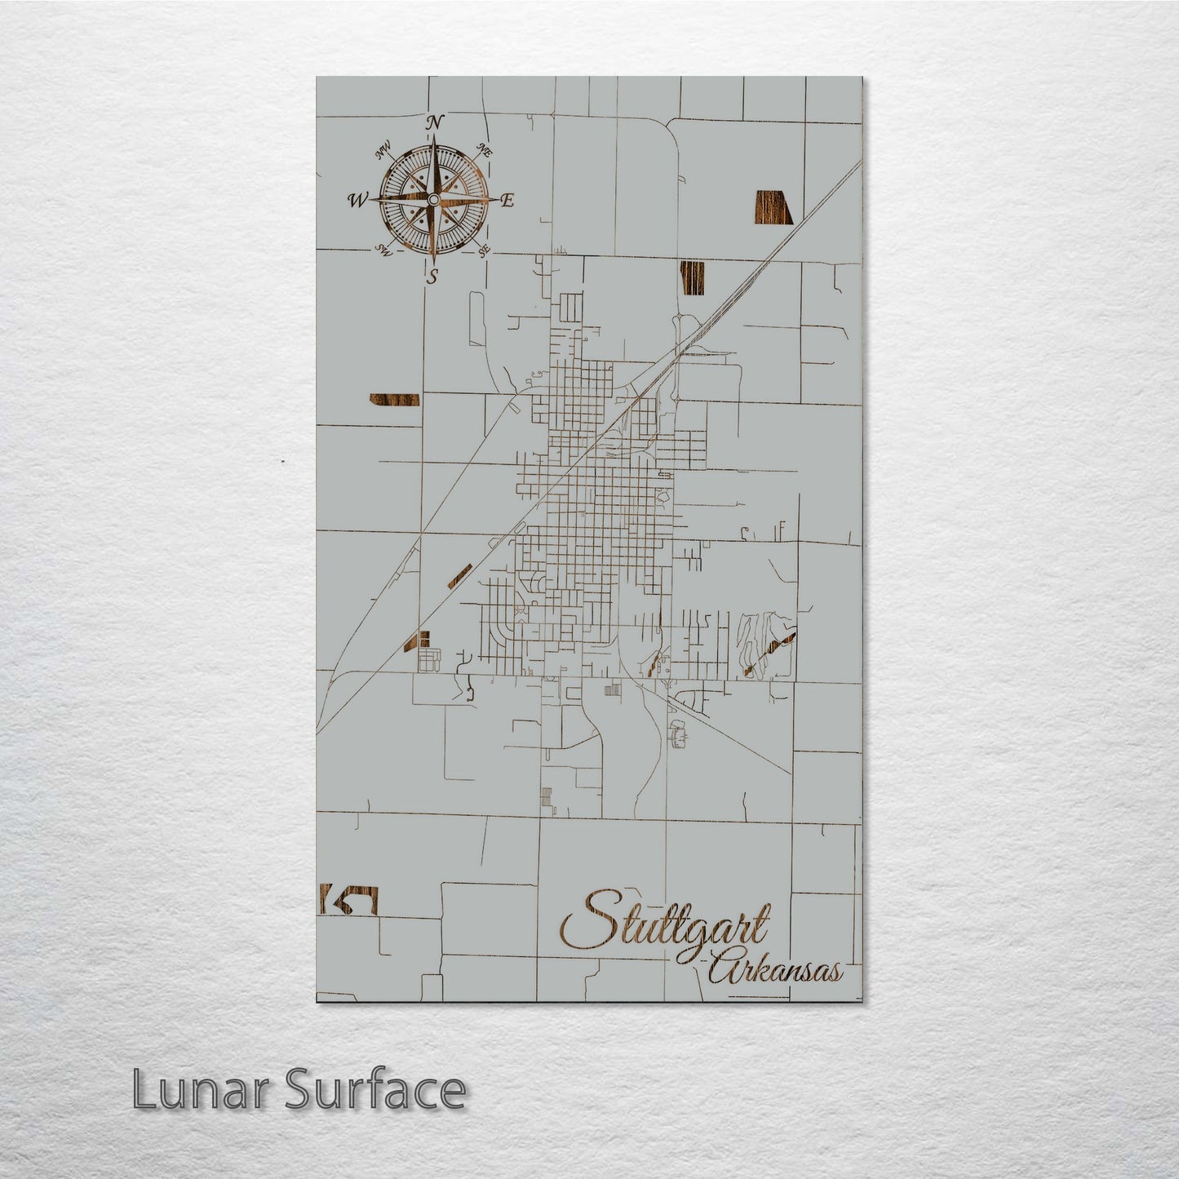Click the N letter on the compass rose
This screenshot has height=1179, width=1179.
tap(435, 122)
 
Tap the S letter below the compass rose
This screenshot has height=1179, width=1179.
tap(433, 277)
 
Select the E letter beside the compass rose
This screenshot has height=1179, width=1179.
tap(507, 201)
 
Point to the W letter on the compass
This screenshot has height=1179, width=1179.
tap(357, 200)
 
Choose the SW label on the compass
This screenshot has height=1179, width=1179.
tap(382, 250)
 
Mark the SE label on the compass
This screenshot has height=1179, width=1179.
tap(484, 250)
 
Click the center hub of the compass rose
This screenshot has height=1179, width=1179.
tap(433, 199)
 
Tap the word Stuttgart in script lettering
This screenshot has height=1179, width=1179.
tap(665, 923)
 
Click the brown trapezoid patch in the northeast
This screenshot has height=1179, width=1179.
tap(773, 206)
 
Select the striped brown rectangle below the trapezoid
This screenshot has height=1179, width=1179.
tap(692, 278)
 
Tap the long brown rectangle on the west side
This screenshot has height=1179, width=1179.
tap(394, 399)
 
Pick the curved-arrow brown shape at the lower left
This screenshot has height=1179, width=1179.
tap(351, 901)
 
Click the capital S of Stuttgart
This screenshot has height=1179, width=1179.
tap(586, 922)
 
